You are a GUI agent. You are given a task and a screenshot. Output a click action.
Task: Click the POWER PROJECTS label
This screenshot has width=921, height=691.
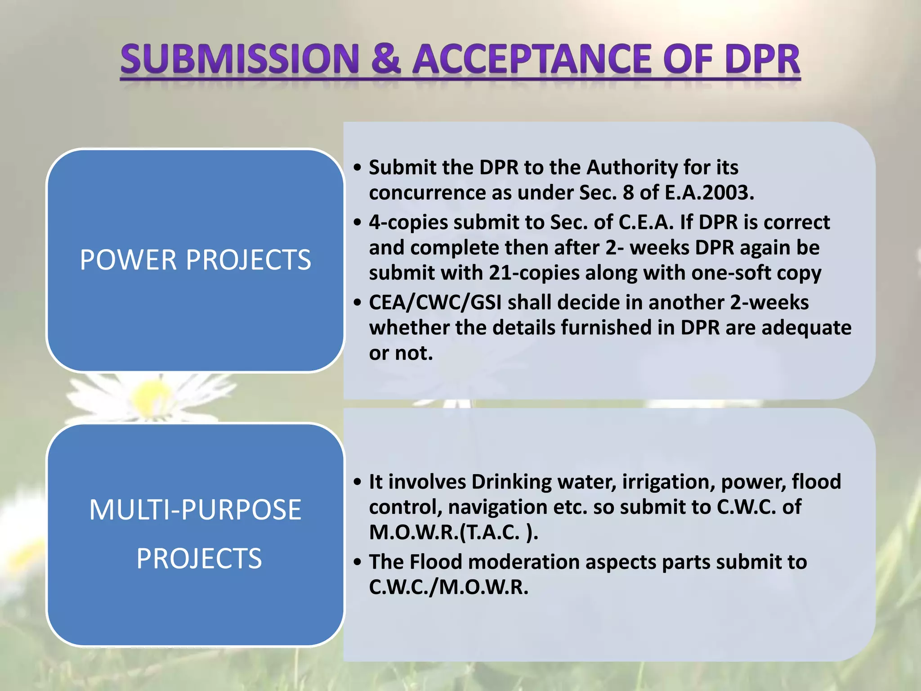pos(195,260)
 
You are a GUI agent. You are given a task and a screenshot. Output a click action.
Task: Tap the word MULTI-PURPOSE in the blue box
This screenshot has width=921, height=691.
pos(195,510)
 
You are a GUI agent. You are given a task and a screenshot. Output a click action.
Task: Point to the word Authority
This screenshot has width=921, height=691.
pos(632,167)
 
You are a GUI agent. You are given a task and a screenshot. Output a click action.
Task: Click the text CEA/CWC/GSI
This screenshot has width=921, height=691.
pos(435,302)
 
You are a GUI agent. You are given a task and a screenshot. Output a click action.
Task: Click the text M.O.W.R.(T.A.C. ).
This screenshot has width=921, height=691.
pos(453,532)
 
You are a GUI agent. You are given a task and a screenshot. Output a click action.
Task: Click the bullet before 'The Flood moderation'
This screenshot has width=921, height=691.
pos(358,562)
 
